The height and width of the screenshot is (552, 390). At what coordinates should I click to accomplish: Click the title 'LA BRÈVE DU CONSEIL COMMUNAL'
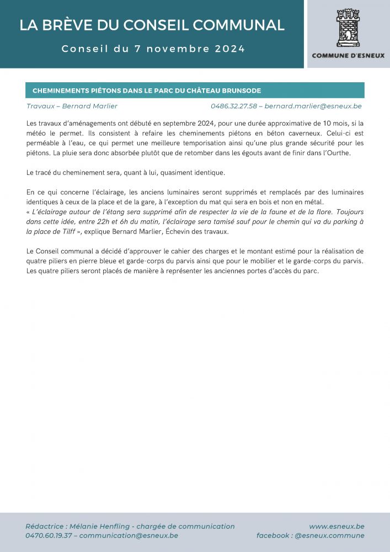pos(152,25)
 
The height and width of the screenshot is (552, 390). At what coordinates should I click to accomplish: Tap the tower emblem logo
pos(348,28)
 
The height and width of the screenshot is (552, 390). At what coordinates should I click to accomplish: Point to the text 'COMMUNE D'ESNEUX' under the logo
pos(348,55)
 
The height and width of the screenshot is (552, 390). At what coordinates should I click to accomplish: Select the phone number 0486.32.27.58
pos(234,106)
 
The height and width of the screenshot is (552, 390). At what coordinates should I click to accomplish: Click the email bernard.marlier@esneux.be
pos(313,106)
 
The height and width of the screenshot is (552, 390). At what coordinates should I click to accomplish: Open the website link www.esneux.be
pos(336,526)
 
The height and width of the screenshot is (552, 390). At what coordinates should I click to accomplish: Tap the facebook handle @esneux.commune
pos(329,535)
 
